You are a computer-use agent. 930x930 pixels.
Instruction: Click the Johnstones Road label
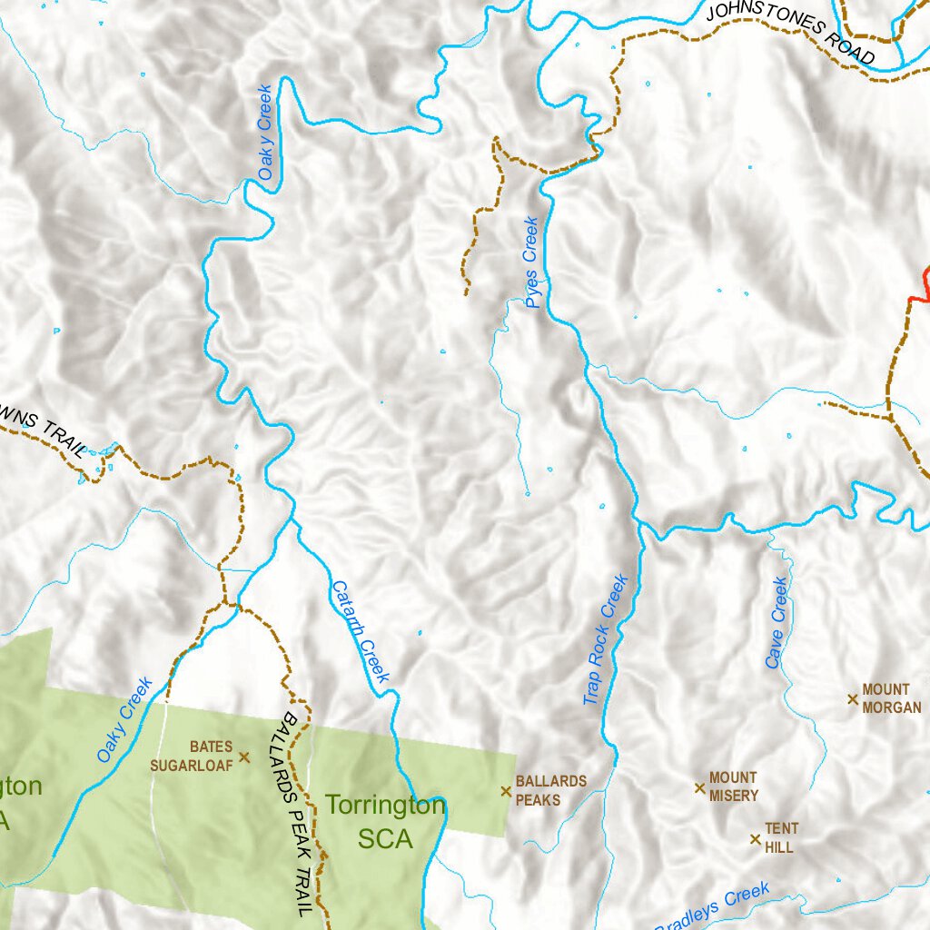tap(791, 34)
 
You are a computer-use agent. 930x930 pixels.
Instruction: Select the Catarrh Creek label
tap(361, 632)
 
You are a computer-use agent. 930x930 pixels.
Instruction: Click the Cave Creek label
tap(777, 623)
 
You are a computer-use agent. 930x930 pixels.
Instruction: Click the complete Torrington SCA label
tap(385, 822)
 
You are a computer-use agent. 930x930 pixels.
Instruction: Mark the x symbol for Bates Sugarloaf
tap(243, 756)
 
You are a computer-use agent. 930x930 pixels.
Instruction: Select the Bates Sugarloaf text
tap(193, 756)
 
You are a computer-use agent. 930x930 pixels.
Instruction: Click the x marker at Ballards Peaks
tap(506, 791)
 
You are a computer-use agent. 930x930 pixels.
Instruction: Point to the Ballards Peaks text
tap(550, 790)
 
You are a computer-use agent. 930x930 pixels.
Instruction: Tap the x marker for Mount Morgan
tap(852, 698)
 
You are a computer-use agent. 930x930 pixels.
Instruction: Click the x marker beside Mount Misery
tap(699, 787)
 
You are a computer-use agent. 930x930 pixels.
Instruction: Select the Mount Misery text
tap(733, 787)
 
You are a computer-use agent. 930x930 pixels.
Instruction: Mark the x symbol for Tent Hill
tap(755, 838)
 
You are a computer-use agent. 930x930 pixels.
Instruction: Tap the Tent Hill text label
tap(779, 837)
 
